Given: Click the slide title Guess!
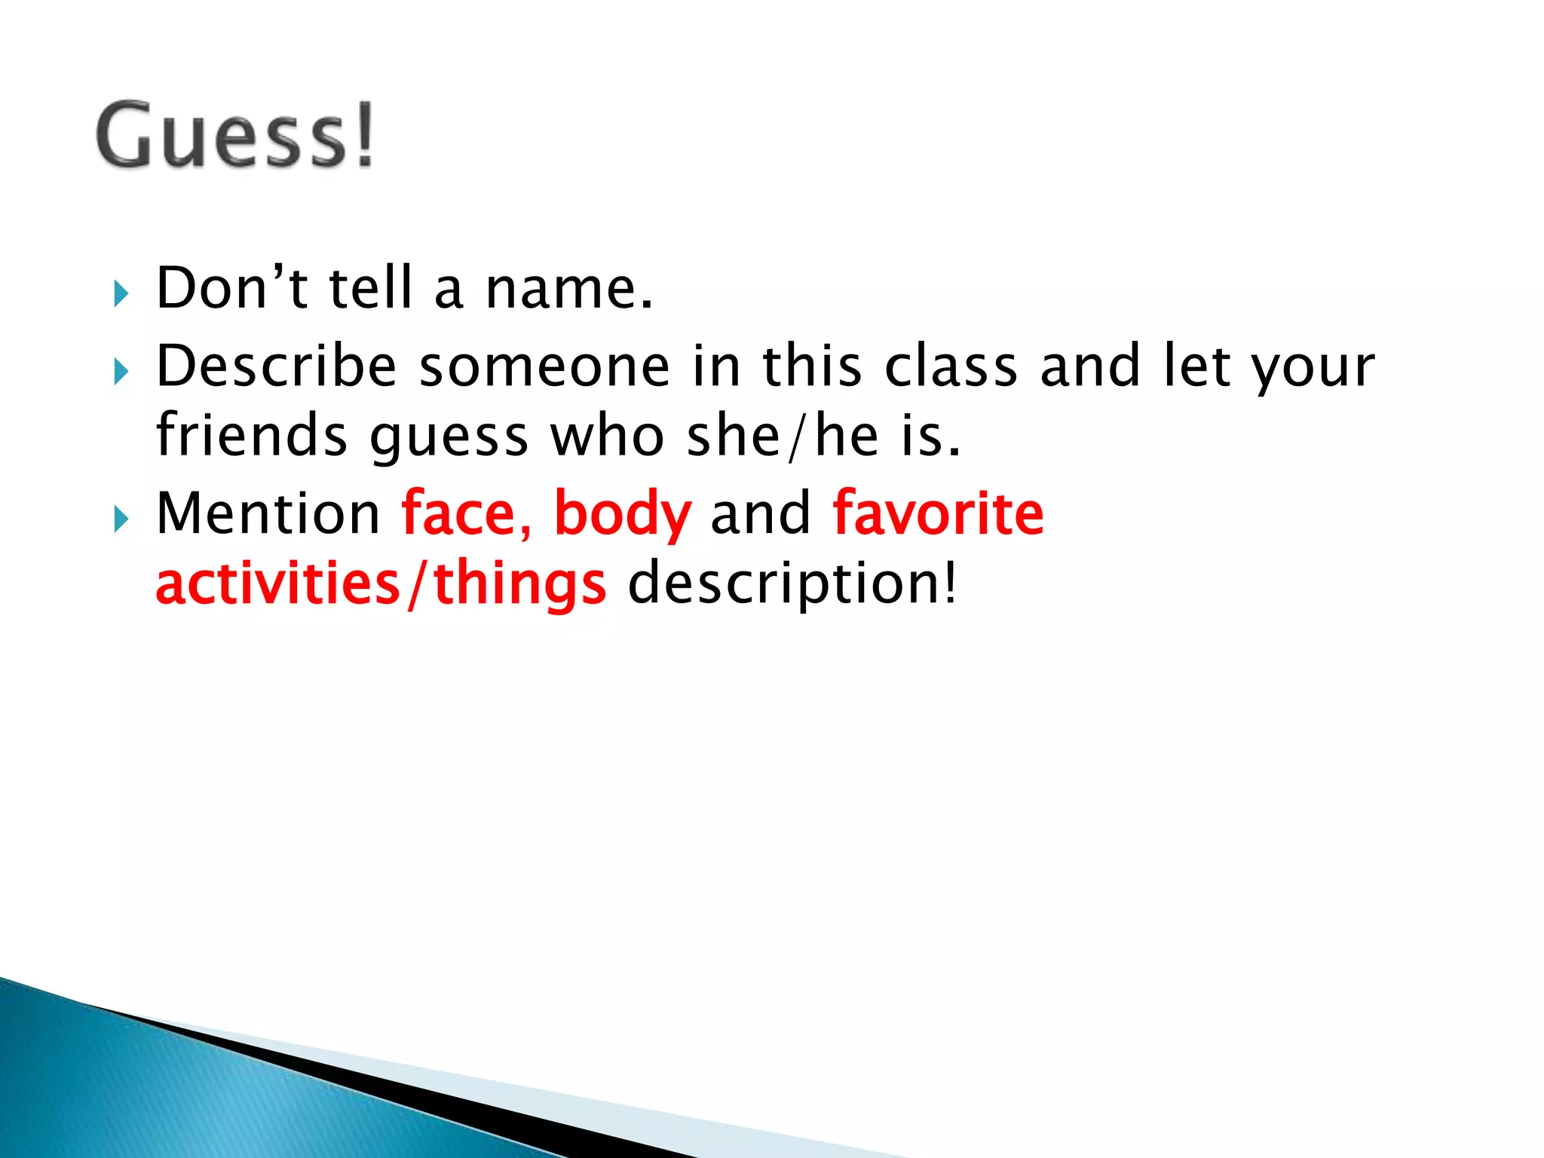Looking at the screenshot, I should tap(235, 136).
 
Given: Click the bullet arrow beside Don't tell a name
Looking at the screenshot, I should tap(122, 293).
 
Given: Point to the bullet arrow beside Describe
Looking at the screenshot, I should tap(122, 371).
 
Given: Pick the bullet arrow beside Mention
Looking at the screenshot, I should tap(122, 519).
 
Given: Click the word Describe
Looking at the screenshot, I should tap(276, 366).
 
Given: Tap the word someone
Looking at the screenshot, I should tap(544, 367).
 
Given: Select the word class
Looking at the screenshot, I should tap(951, 367).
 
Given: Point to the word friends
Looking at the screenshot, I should tap(251, 437).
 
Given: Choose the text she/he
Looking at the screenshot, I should tap(783, 437).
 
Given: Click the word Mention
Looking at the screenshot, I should tap(268, 513).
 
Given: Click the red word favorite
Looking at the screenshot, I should tap(939, 513).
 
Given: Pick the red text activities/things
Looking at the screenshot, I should tap(381, 584).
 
